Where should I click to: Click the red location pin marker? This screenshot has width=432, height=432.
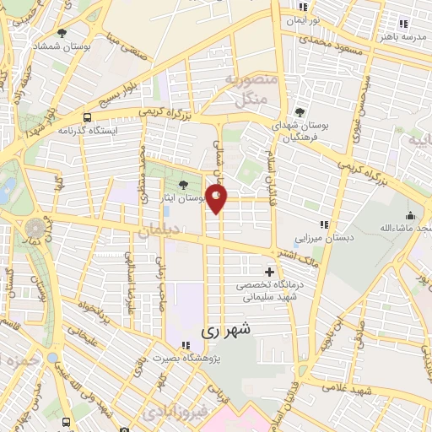[218, 199]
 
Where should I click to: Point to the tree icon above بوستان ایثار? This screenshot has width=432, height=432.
[183, 183]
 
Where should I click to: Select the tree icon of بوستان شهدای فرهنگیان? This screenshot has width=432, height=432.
[300, 111]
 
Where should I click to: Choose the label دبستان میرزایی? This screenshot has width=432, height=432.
[324, 238]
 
